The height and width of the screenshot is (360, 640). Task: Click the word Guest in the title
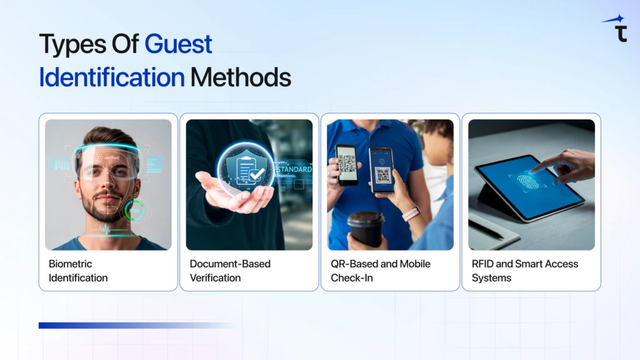[x=178, y=44]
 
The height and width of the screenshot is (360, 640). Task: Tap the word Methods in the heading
[x=241, y=77]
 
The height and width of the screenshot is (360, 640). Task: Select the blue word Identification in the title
[x=112, y=77]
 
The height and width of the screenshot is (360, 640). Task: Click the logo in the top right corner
[x=616, y=29]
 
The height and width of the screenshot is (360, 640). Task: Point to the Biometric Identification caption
[x=78, y=271]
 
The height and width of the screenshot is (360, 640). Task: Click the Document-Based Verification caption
[x=230, y=271]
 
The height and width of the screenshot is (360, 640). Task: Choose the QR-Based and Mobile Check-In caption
[x=381, y=271]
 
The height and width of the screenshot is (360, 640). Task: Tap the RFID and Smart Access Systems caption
[x=525, y=271]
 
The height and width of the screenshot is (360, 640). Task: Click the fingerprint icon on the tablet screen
[x=528, y=182]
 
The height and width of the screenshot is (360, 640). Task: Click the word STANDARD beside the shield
[x=294, y=169]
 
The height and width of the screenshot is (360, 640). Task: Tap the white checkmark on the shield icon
[x=257, y=174]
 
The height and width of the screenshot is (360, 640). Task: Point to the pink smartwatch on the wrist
[x=411, y=214]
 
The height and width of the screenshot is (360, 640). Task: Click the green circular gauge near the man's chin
[x=135, y=211]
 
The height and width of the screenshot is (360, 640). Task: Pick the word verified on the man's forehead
[x=111, y=157]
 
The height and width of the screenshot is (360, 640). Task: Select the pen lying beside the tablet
[x=486, y=229]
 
